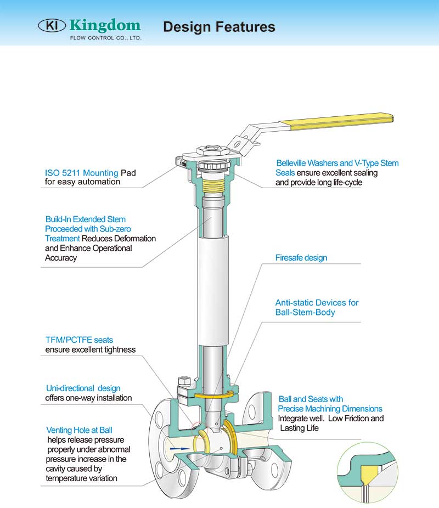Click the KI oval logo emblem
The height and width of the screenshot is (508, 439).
coord(52,25)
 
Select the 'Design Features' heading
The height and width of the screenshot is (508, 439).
coord(219,26)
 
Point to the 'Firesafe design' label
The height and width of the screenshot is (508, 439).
coord(301,257)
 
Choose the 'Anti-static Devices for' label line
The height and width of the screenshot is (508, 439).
coord(317,302)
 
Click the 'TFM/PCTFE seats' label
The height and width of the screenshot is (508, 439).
coord(79,340)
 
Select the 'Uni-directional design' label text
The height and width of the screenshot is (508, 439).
coord(82,388)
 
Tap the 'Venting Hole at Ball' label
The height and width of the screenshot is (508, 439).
coord(79,430)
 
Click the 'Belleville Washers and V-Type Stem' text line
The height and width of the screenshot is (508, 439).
coord(337,163)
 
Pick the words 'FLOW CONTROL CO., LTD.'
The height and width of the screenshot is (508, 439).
coord(105,38)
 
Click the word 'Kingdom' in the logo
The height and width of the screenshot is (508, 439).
coord(105,25)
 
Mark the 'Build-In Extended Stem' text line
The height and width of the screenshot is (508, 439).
coord(85,219)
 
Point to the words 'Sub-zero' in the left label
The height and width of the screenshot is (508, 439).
coord(115,229)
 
